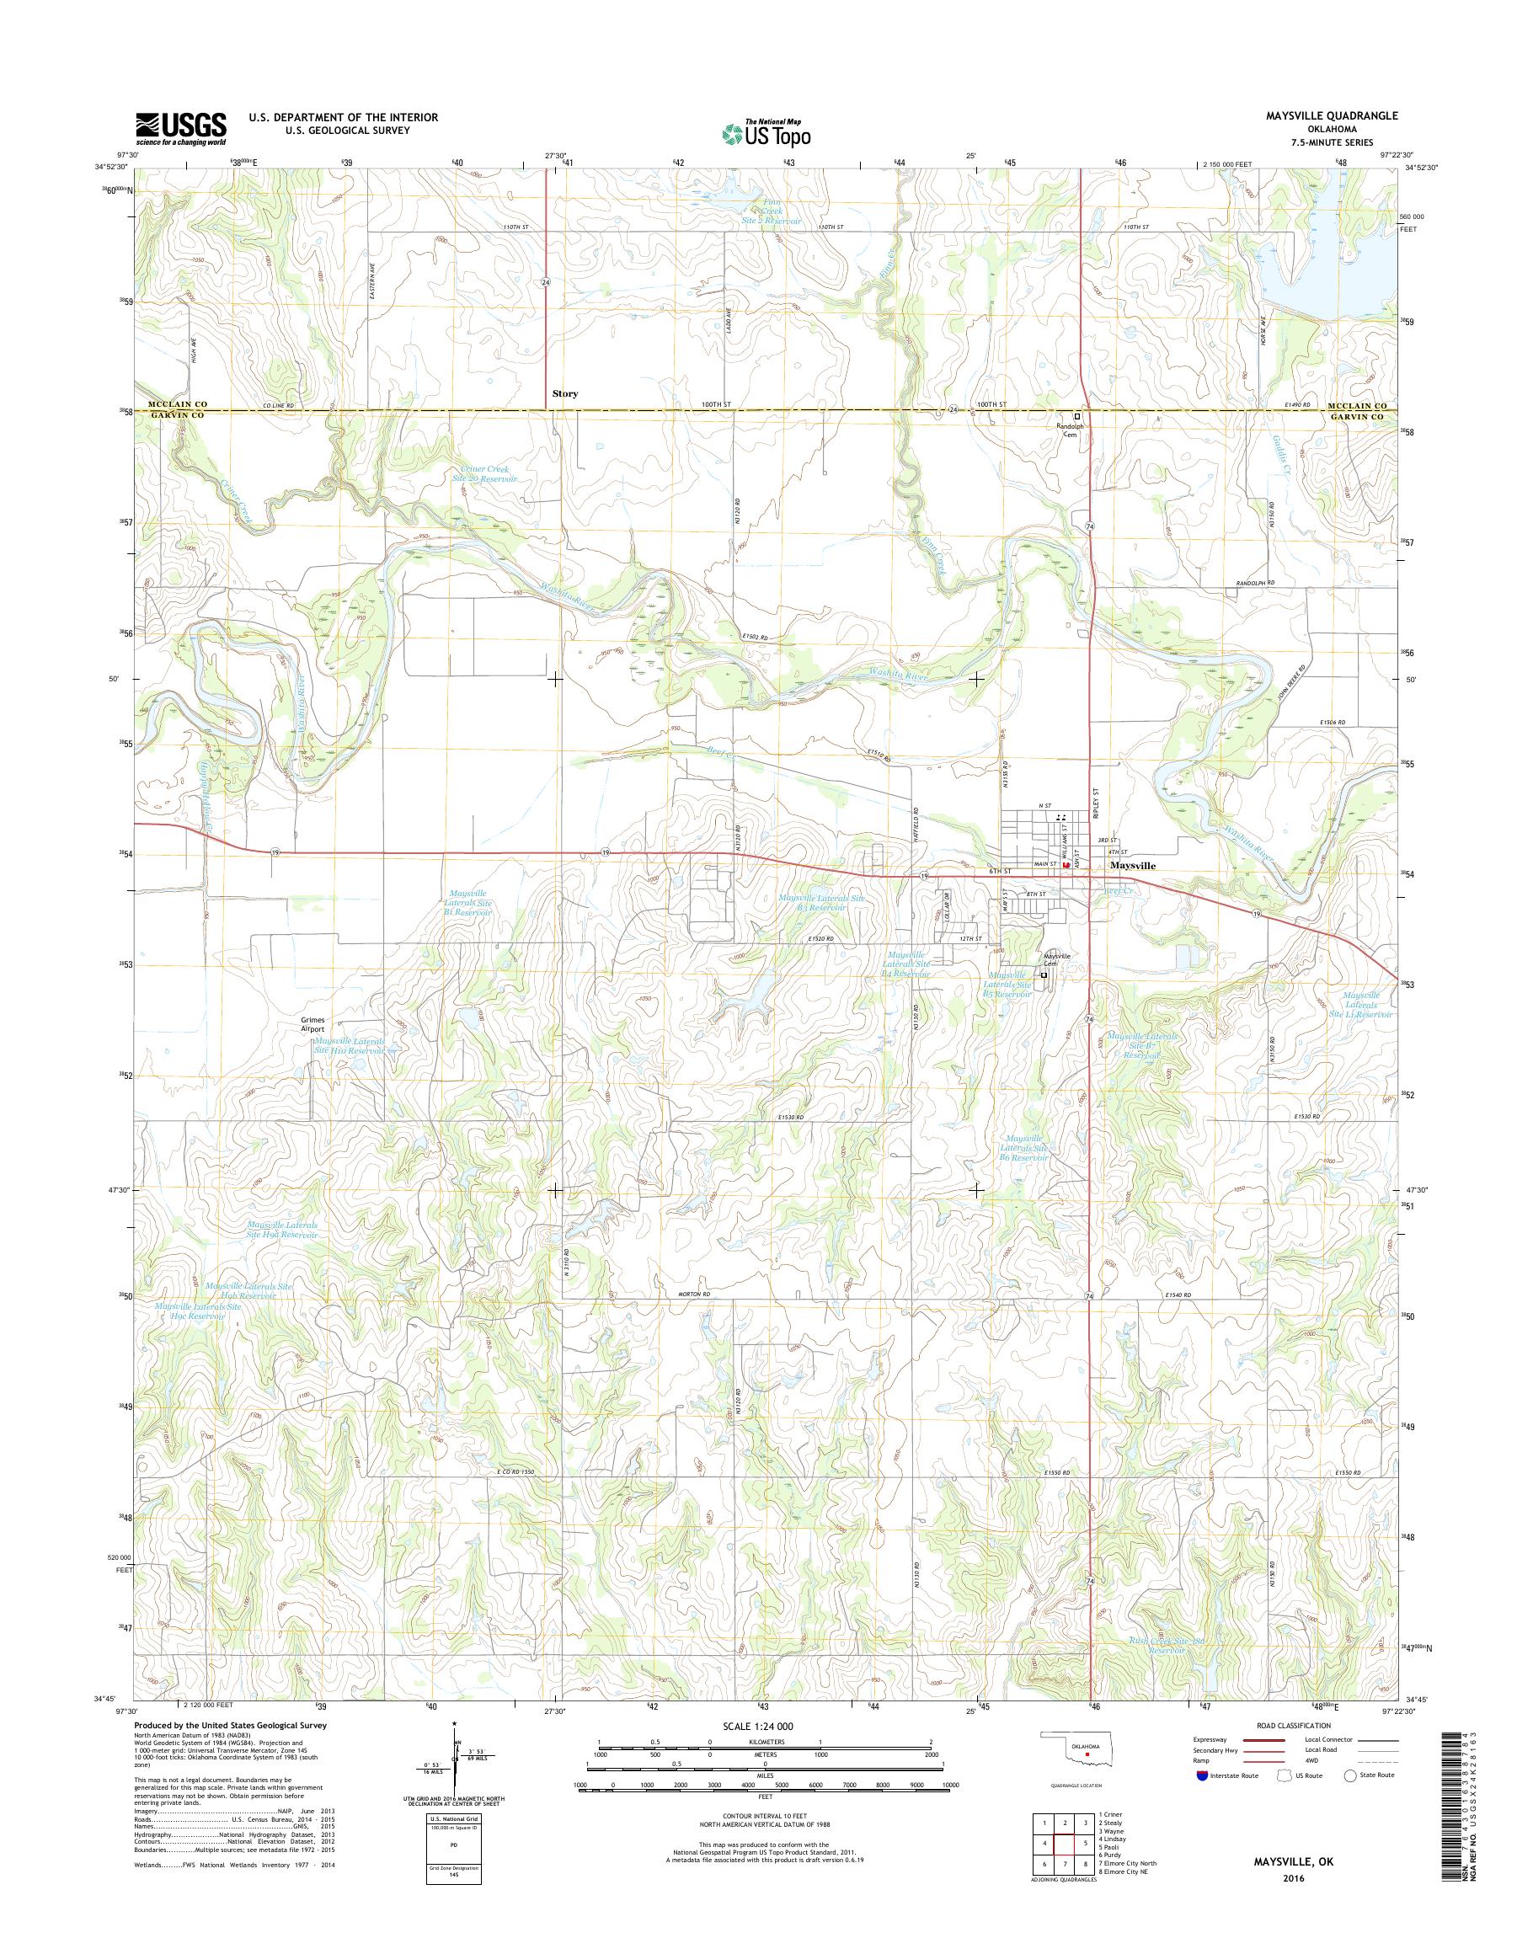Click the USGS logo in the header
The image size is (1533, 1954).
(x=180, y=129)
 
